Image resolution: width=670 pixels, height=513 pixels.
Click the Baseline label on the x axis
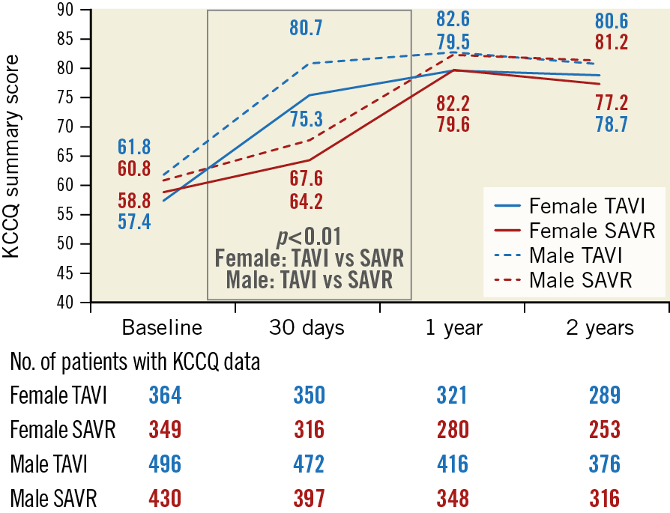coord(163,328)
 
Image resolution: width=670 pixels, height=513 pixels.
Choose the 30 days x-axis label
coord(307,328)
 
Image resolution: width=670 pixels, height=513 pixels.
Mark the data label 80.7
coord(307,28)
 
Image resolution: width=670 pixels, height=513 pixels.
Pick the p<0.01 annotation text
coord(309,237)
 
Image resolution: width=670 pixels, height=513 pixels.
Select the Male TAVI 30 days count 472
coord(308,464)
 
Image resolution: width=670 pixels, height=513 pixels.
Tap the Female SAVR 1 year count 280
coord(453,430)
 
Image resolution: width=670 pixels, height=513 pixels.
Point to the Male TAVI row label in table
coord(49,464)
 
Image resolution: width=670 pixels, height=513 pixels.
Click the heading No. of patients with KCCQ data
coord(136,362)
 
